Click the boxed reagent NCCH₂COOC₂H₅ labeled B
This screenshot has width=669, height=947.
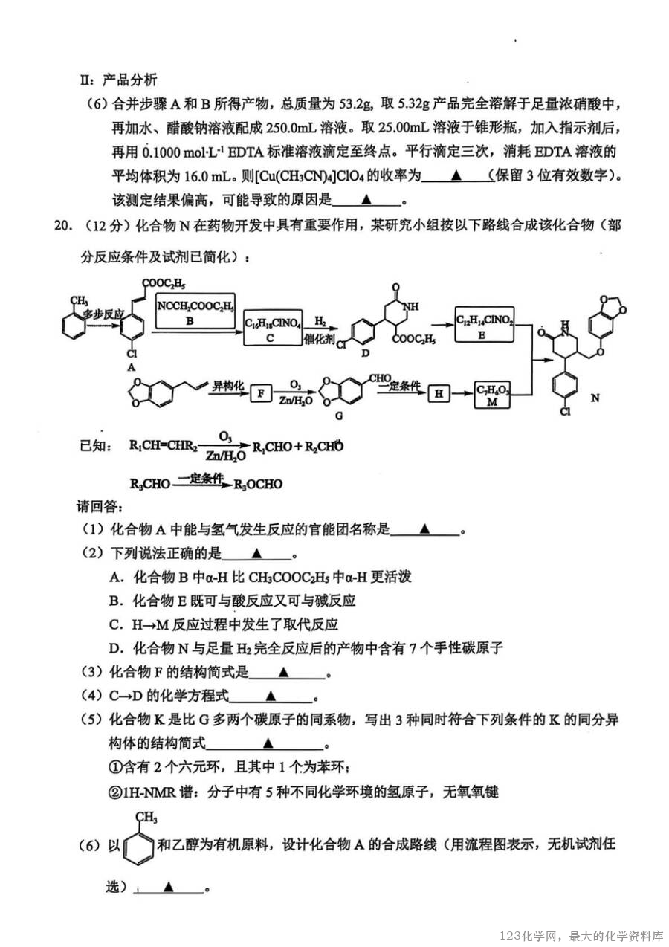(x=195, y=311)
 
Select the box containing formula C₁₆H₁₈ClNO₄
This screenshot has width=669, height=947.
(x=273, y=327)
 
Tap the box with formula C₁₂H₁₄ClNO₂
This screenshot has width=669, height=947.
(x=484, y=324)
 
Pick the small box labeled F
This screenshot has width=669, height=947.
(x=261, y=394)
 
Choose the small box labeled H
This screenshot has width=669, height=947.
(x=439, y=394)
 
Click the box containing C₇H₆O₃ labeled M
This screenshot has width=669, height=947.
(x=492, y=395)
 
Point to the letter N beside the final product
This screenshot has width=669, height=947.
(x=595, y=398)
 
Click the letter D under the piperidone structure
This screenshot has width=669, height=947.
(x=366, y=353)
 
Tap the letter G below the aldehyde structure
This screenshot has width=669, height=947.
(x=339, y=416)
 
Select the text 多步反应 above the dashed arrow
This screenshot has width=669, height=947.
(x=103, y=314)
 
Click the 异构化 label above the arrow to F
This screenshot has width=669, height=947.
(x=227, y=386)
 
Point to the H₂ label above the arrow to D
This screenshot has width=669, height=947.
(x=320, y=322)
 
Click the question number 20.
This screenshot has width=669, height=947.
(x=62, y=225)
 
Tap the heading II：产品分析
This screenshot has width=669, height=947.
(x=119, y=80)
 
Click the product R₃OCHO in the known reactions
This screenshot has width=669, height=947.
(x=259, y=484)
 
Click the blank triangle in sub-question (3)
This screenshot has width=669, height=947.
(x=283, y=672)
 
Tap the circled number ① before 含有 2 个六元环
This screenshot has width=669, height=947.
(x=115, y=767)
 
